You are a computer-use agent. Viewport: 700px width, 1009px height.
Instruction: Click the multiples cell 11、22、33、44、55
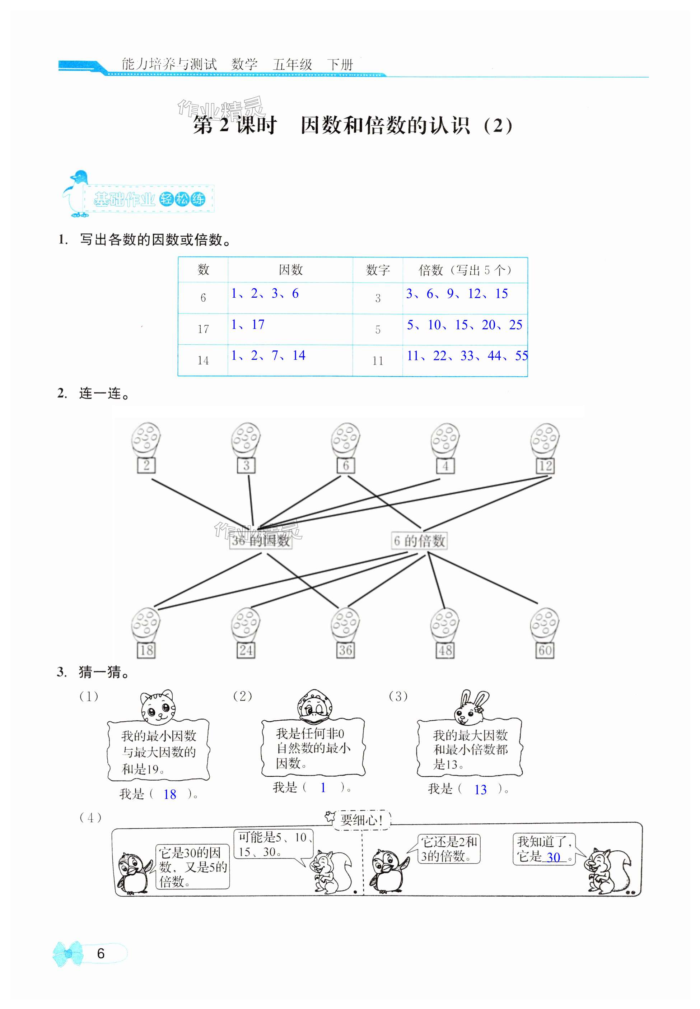[x=467, y=356]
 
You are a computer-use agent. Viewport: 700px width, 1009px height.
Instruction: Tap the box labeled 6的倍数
[x=420, y=541]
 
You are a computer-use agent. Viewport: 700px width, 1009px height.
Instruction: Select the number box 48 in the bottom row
[x=445, y=651]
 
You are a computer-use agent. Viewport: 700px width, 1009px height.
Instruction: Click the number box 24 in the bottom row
[x=246, y=651]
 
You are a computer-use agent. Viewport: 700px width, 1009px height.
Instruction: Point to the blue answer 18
[x=170, y=795]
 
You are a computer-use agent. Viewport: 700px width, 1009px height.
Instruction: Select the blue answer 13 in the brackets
[x=480, y=790]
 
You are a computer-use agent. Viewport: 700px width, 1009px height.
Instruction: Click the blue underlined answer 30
[x=554, y=857]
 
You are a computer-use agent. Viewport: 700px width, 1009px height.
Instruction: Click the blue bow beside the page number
[x=67, y=953]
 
